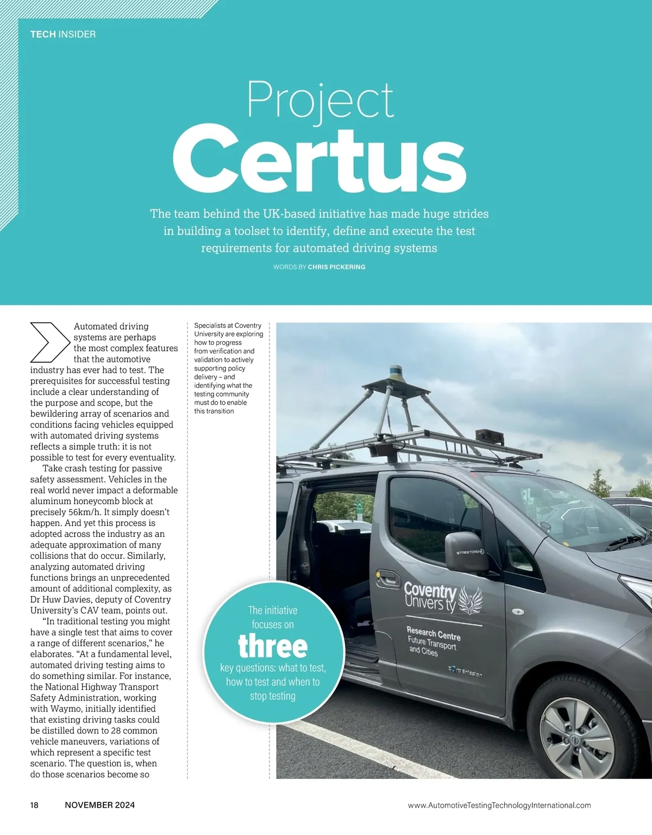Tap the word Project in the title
[x=320, y=100]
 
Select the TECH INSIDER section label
[x=63, y=34]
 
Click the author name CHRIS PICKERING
[x=336, y=267]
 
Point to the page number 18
[x=34, y=805]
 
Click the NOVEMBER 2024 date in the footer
[x=99, y=805]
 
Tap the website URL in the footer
[x=499, y=806]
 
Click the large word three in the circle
[x=273, y=646]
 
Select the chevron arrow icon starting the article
[x=49, y=342]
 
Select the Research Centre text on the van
[x=434, y=634]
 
